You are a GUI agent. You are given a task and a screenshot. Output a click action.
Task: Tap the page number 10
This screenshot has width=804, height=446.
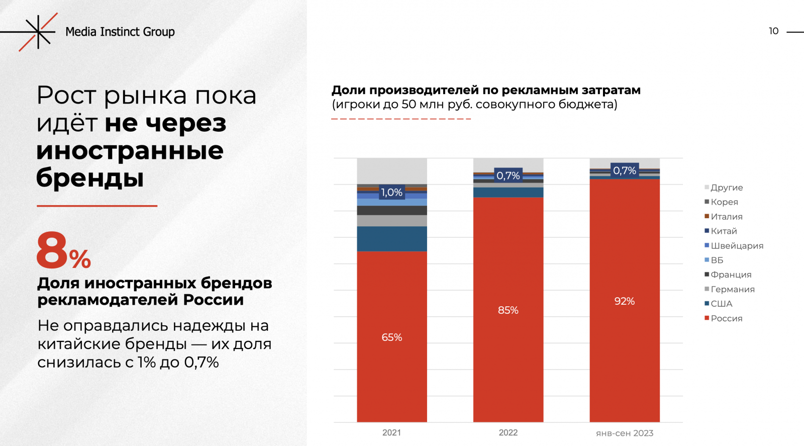(773, 31)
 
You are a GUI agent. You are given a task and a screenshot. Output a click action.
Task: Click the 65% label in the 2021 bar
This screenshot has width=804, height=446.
(392, 337)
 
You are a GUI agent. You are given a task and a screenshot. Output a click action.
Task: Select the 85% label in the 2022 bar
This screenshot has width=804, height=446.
(508, 310)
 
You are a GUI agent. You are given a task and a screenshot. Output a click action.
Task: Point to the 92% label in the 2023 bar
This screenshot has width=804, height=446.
(625, 301)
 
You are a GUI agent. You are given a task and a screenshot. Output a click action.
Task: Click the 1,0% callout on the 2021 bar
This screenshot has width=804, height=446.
(391, 193)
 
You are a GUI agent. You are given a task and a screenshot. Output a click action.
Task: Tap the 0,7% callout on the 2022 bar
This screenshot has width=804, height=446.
(508, 175)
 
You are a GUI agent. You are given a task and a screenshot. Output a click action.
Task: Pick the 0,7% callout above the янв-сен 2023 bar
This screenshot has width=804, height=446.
(625, 170)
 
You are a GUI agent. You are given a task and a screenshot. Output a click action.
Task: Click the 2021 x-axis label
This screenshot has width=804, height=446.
(391, 432)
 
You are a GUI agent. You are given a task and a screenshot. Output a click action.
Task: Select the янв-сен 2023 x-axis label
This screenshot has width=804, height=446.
(625, 433)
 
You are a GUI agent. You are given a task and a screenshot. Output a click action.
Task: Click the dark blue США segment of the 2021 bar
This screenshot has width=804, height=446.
(392, 239)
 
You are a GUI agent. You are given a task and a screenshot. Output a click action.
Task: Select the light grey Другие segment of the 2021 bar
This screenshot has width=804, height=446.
(392, 171)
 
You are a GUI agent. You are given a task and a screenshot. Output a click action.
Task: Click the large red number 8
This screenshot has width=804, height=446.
(52, 250)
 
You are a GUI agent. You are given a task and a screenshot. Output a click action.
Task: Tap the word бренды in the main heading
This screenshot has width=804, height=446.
(90, 177)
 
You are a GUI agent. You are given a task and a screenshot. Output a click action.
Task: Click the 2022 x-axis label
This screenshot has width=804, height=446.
(508, 432)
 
